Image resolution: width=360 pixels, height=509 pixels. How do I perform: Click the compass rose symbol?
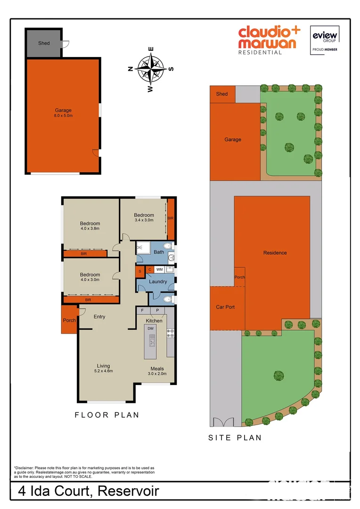(x=151, y=69)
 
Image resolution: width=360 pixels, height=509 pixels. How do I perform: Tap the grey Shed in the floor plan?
(x=43, y=43)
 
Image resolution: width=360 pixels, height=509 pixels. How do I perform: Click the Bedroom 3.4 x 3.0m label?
(x=144, y=217)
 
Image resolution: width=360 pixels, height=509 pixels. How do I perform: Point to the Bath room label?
(x=159, y=252)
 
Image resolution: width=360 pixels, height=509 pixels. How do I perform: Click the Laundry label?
(x=157, y=282)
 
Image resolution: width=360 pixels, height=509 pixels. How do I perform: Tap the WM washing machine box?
(x=160, y=270)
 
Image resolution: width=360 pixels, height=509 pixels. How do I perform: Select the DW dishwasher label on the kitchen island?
(x=151, y=328)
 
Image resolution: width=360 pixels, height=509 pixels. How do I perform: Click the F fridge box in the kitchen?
(x=143, y=311)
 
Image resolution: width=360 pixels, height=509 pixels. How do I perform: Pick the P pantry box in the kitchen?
(x=158, y=311)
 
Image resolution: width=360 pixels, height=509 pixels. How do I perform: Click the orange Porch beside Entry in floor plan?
(x=70, y=320)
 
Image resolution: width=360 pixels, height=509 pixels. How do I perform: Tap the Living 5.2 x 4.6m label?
(x=103, y=368)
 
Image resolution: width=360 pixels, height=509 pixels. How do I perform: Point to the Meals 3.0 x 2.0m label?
(x=157, y=371)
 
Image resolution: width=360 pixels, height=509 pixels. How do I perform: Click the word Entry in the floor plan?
(x=99, y=317)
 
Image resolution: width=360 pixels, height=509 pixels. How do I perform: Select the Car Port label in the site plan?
(x=225, y=307)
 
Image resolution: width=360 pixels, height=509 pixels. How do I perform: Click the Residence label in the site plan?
(x=275, y=253)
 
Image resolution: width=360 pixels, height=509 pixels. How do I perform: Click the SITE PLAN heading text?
(x=235, y=438)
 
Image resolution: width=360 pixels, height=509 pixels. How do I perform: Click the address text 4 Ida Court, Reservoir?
(x=89, y=492)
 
